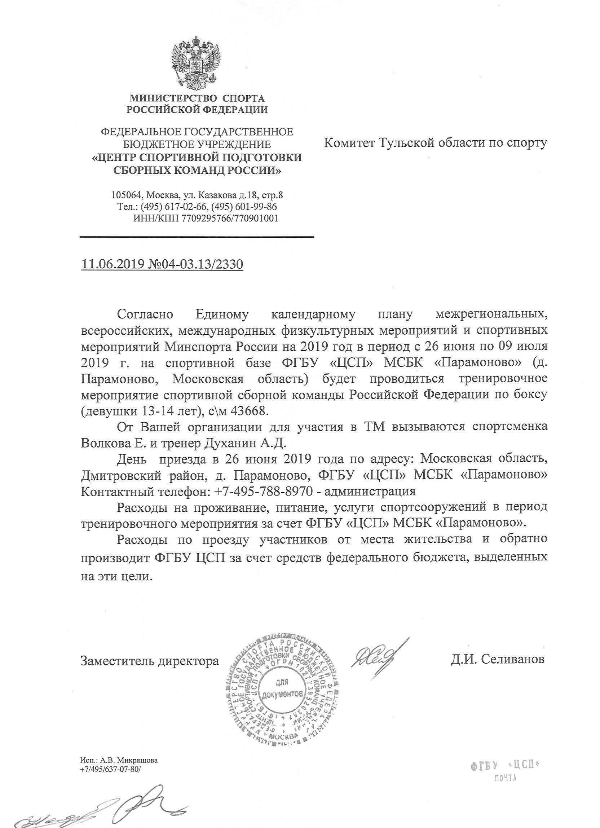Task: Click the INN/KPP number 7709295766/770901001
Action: click(x=230, y=218)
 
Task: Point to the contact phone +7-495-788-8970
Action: click(x=262, y=491)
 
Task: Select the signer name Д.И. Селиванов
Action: click(x=498, y=659)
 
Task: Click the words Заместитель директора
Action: click(x=150, y=661)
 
